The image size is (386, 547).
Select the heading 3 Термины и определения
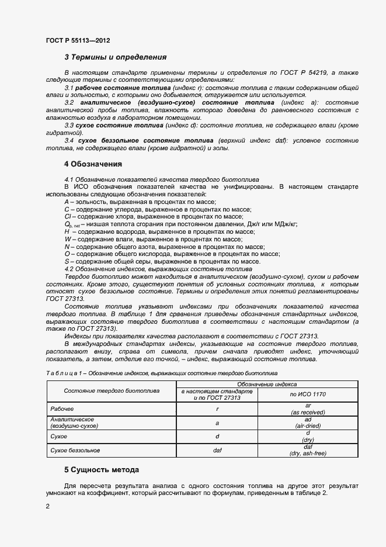pos(115,57)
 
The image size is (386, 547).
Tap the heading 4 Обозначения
pos(93,164)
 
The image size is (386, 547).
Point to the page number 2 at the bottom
pos(47,507)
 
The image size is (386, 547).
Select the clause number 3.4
pos(68,141)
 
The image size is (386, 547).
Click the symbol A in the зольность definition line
pos(67,201)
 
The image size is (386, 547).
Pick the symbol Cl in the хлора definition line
pos(67,216)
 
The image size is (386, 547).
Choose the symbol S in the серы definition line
pos(67,262)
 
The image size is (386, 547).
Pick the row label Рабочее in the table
pos(62,408)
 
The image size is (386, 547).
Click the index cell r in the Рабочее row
pos(217,409)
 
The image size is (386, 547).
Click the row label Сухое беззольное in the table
pos(75,450)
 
